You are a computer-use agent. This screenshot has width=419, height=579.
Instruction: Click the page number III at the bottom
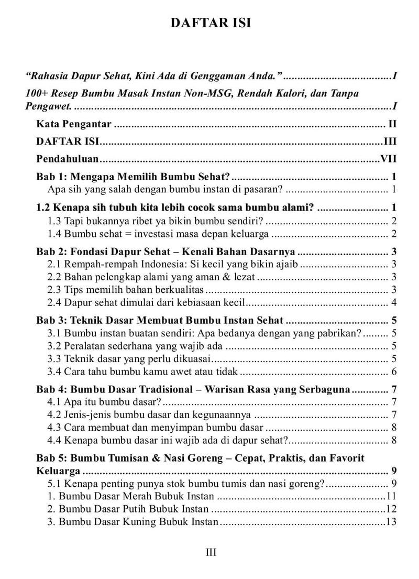[211, 552]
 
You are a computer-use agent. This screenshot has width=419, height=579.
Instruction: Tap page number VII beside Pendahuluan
[388, 159]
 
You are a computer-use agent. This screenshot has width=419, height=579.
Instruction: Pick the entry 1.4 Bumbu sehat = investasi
[158, 234]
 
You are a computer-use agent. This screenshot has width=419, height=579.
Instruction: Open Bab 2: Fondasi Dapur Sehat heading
[166, 250]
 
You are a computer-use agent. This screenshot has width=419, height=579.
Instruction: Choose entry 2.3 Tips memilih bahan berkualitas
[126, 289]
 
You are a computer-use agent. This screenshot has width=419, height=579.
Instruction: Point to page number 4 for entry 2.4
[393, 302]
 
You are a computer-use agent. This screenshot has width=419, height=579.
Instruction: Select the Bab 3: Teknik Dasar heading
[160, 320]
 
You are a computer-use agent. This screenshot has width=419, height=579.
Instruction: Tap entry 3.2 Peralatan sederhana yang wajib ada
[135, 346]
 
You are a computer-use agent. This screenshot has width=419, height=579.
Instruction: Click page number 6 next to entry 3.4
[393, 372]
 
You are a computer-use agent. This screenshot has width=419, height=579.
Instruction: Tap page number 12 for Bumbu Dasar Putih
[390, 509]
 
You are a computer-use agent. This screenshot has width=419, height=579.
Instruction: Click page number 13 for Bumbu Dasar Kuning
[390, 522]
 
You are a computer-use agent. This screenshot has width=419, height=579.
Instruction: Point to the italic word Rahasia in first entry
[48, 77]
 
